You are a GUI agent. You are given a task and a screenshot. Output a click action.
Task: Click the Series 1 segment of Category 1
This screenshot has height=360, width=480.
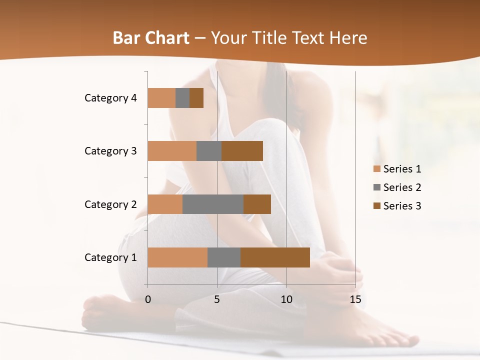click(x=177, y=257)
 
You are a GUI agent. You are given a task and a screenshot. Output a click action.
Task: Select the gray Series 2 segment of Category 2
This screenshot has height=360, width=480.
click(x=213, y=204)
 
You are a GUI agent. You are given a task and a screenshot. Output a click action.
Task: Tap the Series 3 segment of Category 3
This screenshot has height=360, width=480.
click(x=242, y=151)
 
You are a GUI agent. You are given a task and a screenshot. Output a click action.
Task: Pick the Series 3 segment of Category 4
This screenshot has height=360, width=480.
click(x=196, y=98)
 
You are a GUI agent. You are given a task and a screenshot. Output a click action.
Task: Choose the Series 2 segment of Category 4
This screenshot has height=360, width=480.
click(x=182, y=98)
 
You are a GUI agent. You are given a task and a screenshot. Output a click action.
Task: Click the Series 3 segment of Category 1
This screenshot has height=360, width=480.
click(x=275, y=257)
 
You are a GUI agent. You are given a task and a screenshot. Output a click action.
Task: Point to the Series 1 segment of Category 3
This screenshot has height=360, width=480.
click(x=172, y=151)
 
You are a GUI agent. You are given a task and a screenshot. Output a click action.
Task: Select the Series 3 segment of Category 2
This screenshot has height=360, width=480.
click(x=257, y=204)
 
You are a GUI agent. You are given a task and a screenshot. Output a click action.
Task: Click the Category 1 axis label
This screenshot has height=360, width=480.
click(x=110, y=257)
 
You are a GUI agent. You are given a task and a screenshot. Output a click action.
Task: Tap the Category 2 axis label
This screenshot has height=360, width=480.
click(x=110, y=204)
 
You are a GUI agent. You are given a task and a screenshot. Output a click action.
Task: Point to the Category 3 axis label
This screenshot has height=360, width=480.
click(x=110, y=151)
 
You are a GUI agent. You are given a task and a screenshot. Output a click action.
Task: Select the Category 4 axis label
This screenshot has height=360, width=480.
click(x=110, y=98)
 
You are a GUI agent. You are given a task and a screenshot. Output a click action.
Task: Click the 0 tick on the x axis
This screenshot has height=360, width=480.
click(x=148, y=299)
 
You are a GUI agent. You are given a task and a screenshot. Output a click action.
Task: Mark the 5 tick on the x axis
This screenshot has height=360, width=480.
click(x=217, y=299)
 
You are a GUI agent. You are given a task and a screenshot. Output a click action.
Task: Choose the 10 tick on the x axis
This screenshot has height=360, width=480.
click(x=286, y=299)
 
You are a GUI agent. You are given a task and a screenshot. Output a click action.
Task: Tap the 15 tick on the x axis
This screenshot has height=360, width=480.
click(x=355, y=299)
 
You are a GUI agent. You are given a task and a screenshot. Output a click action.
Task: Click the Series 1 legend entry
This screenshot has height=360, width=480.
click(x=397, y=169)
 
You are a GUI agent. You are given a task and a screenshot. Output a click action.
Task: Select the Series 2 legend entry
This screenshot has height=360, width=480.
click(x=397, y=187)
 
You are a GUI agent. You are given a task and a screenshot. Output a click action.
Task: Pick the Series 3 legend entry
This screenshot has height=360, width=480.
click(x=397, y=206)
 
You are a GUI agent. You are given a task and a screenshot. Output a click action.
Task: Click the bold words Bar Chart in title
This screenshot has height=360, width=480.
click(x=151, y=38)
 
